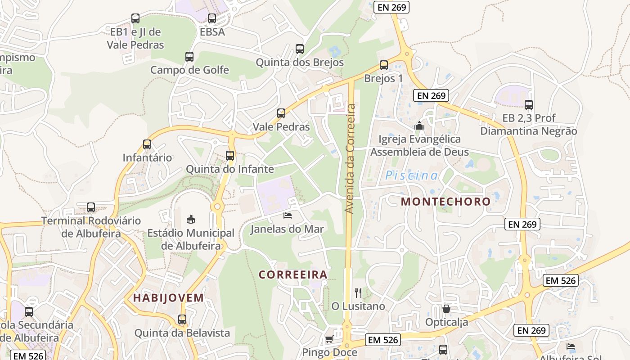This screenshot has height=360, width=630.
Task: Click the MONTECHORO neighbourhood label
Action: click(x=445, y=201)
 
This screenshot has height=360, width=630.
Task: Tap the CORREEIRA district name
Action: click(x=293, y=274)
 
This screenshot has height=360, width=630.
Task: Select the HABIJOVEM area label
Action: click(x=169, y=297)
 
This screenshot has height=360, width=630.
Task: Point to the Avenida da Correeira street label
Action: click(x=350, y=159)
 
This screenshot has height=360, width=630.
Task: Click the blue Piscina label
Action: click(x=411, y=175)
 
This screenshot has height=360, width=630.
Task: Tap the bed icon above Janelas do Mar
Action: click(x=288, y=216)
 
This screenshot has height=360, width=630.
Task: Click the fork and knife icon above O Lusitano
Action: click(x=358, y=293)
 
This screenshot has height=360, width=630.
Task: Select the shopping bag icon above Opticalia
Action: click(x=446, y=309)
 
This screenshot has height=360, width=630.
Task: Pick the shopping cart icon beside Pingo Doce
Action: click(x=329, y=339)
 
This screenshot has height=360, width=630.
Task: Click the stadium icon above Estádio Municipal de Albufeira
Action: click(x=191, y=219)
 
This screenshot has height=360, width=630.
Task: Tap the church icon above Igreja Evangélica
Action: click(x=419, y=126)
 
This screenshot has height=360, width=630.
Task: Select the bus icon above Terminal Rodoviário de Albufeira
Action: click(x=91, y=207)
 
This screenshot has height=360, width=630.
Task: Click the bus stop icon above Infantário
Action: click(x=147, y=144)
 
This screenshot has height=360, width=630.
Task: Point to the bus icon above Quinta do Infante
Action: click(x=230, y=156)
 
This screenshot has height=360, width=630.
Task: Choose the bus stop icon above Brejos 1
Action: click(x=384, y=65)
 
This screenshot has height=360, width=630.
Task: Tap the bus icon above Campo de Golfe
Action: click(x=189, y=57)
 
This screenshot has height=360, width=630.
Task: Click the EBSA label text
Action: click(x=212, y=32)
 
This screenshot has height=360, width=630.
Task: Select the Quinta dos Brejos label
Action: click(x=300, y=63)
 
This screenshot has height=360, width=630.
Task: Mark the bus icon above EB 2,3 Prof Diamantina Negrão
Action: click(x=529, y=105)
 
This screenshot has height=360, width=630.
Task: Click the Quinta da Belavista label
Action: click(x=182, y=333)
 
